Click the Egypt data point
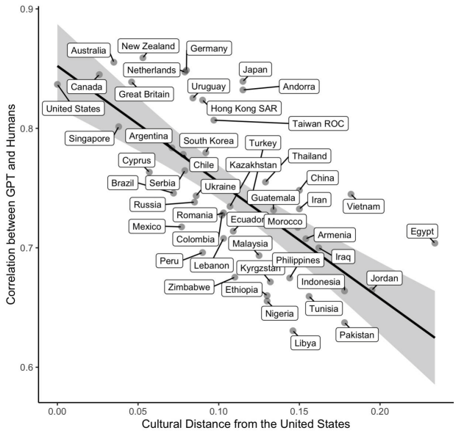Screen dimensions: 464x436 click(x=435, y=243)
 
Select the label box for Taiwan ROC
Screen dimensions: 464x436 click(x=318, y=123)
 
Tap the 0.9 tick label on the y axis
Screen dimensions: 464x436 click(x=26, y=9)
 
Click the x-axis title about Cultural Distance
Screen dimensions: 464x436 click(x=246, y=424)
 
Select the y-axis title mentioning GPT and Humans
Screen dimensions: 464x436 click(x=10, y=204)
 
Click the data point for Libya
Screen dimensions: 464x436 click(x=293, y=330)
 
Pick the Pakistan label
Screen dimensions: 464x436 click(x=357, y=335)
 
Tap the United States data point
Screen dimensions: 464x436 click(x=57, y=84)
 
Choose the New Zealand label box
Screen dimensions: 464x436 click(x=149, y=46)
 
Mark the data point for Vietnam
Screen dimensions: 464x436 click(x=351, y=195)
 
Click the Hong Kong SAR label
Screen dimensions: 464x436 click(x=244, y=108)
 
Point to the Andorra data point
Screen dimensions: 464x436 click(x=243, y=90)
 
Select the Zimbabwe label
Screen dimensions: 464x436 click(x=189, y=287)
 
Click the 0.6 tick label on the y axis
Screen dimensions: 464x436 click(x=26, y=367)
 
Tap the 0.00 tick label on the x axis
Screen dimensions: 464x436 click(x=57, y=412)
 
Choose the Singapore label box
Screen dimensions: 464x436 click(x=90, y=138)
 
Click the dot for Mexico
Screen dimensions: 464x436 click(x=182, y=227)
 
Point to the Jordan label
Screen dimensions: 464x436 click(x=385, y=278)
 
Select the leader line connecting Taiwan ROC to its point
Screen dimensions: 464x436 click(x=251, y=121)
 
